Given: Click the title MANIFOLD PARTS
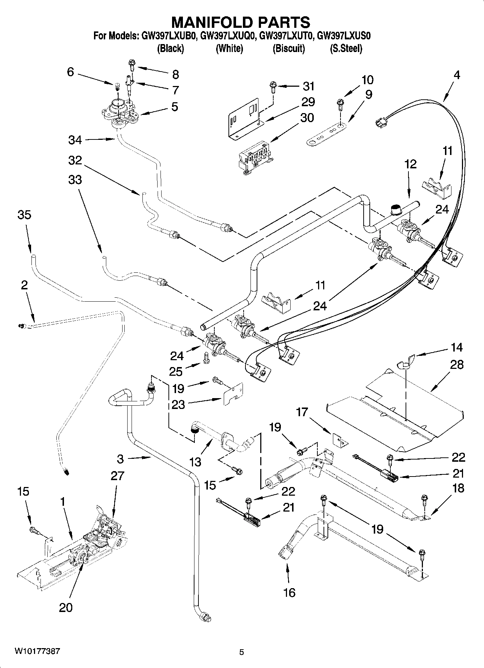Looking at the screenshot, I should [240, 22].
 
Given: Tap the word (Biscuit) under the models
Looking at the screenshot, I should [288, 48].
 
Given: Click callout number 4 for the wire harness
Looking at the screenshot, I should [457, 75].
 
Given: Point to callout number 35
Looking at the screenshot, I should [25, 215].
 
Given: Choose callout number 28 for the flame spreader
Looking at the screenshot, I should [457, 365].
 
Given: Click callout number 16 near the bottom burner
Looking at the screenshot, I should [290, 592].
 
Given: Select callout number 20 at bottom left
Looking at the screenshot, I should [66, 607].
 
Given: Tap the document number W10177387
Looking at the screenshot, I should [37, 651].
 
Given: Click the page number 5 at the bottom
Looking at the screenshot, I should [242, 652].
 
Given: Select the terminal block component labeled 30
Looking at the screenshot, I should [255, 157].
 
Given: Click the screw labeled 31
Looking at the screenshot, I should [272, 87].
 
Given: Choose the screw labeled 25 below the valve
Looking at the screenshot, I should [207, 358].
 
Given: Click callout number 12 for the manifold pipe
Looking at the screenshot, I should [410, 164].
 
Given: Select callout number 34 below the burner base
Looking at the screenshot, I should [75, 140].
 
